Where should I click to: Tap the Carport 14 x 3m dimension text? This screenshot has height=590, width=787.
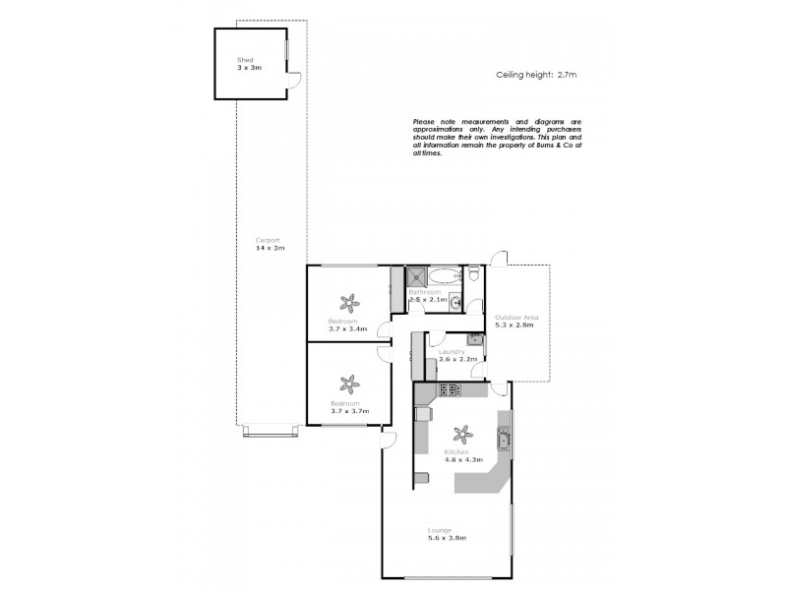coord(270,248)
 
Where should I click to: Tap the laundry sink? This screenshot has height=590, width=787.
coord(474,340)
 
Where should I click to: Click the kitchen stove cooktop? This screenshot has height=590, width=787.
coord(450,390)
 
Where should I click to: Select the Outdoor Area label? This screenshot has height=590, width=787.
coord(516,317)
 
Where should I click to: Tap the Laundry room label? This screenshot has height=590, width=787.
coord(452,351)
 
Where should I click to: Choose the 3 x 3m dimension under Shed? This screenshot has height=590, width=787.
coord(247,69)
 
